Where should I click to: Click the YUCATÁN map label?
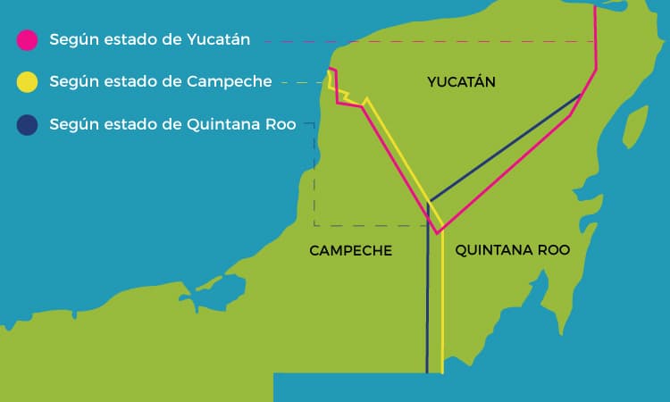click(461, 82)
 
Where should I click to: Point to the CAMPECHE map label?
click(350, 251)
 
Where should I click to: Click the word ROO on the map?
click(552, 251)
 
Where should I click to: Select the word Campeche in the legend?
click(230, 82)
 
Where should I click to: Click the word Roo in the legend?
click(281, 124)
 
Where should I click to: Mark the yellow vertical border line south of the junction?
click(442, 304)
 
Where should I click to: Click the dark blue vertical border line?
click(428, 304)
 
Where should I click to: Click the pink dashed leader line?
click(429, 41)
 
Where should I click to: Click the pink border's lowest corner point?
click(438, 234)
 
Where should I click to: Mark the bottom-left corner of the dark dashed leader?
click(314, 225)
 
